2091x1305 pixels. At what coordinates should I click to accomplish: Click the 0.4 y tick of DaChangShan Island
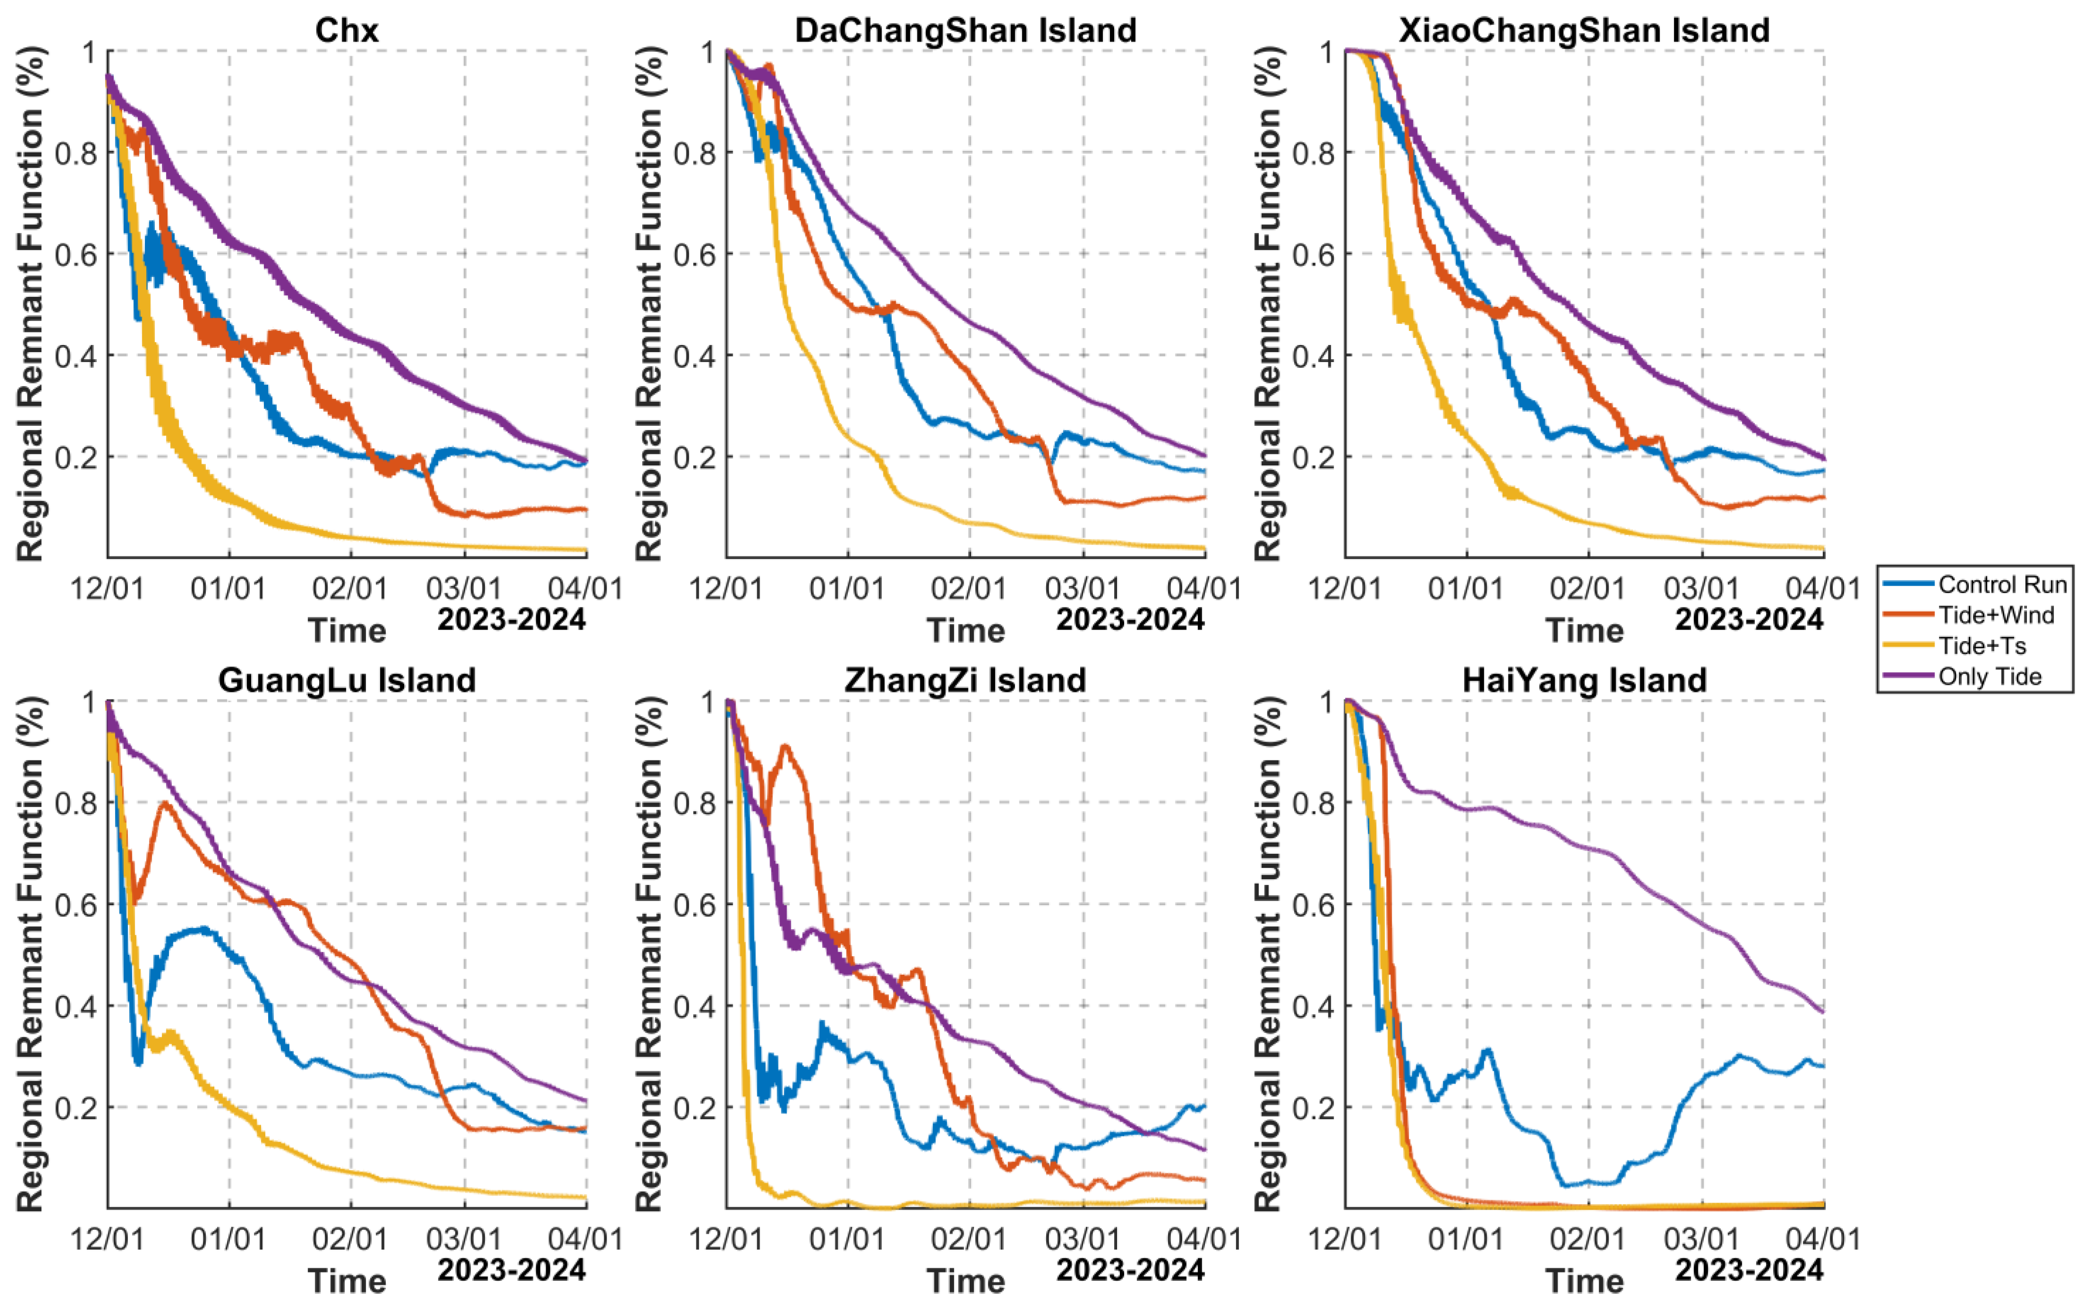pyautogui.click(x=693, y=355)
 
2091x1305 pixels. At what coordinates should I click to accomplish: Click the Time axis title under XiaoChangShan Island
pyautogui.click(x=1584, y=631)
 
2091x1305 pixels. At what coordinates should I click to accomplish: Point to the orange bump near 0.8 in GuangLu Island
pyautogui.click(x=164, y=804)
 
